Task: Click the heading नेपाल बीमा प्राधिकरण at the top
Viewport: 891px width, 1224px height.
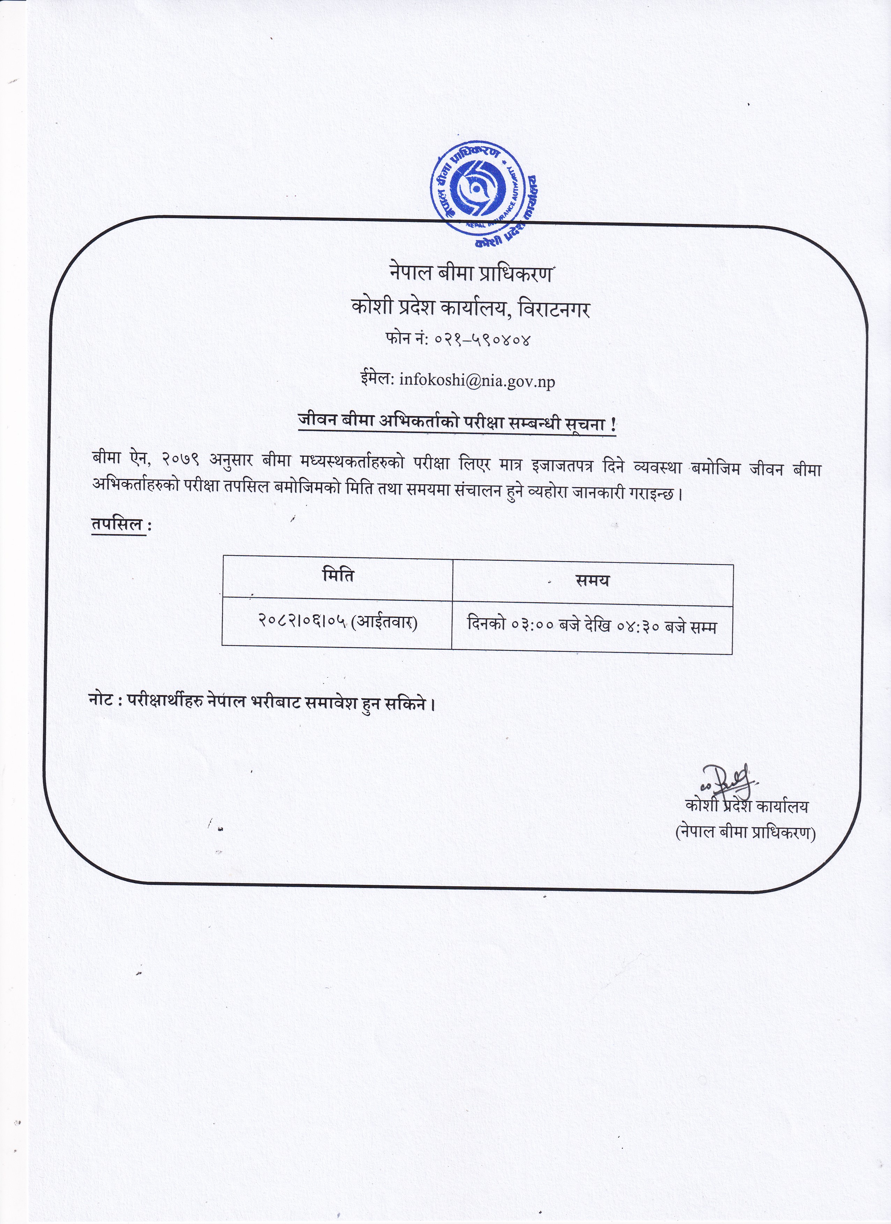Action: tap(470, 274)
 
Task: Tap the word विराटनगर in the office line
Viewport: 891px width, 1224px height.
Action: tap(553, 309)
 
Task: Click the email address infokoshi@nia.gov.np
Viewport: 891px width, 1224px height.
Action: tap(477, 381)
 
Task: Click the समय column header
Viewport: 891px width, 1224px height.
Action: tap(592, 581)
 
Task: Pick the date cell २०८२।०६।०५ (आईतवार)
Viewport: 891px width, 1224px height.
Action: tap(337, 623)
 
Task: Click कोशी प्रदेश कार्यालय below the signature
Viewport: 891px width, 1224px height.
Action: tap(747, 806)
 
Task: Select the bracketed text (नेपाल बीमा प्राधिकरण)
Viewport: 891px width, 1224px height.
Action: tap(745, 833)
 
